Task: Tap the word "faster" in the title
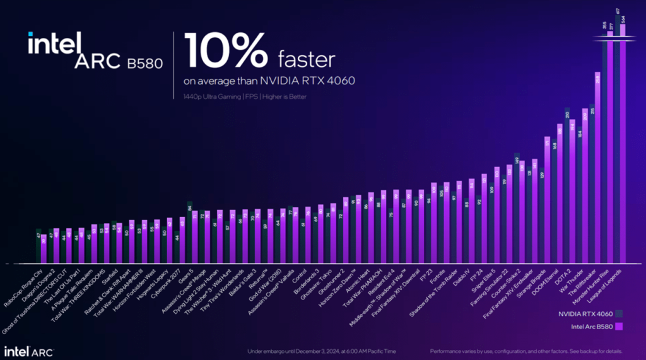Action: pyautogui.click(x=307, y=60)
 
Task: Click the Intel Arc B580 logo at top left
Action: pyautogui.click(x=95, y=52)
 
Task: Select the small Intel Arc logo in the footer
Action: pyautogui.click(x=28, y=350)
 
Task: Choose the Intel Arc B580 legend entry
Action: pyautogui.click(x=592, y=326)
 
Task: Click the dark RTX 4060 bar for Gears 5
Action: pyautogui.click(x=189, y=233)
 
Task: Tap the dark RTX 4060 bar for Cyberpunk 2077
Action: pyautogui.click(x=177, y=248)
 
